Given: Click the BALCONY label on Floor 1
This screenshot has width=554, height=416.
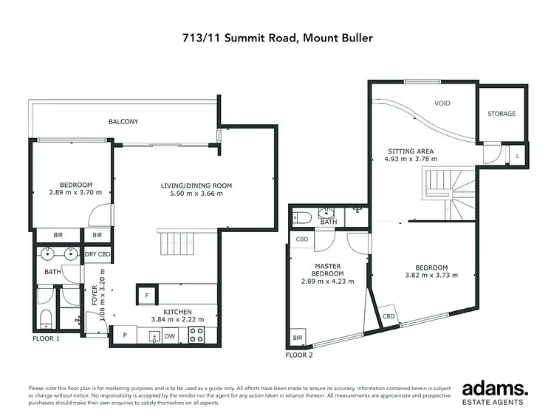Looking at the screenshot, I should tap(123, 122).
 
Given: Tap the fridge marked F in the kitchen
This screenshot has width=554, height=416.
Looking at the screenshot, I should tap(146, 294).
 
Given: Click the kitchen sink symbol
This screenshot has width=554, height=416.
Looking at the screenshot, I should tap(155, 336).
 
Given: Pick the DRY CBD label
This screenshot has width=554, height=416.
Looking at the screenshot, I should tap(97, 255).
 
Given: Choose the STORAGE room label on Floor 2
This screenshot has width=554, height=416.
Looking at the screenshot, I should tap(502, 114).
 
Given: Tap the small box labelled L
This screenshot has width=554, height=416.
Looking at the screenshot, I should tap(517, 155).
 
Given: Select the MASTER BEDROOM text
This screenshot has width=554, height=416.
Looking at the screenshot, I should tap(327, 270).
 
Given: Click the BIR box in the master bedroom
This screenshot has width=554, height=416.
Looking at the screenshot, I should tap(298, 338).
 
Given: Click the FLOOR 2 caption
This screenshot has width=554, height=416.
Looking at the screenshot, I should tap(300, 355).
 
